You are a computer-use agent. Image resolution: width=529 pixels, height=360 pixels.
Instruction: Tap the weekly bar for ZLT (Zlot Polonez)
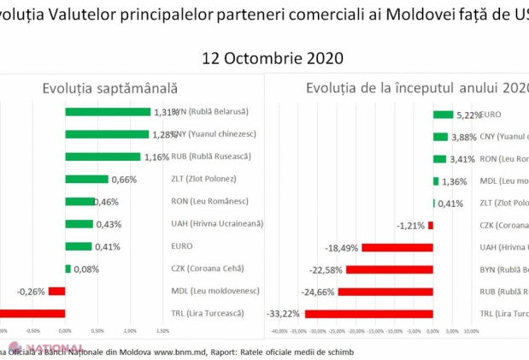87,179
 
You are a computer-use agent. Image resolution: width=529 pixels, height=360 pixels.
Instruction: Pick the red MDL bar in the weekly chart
57,291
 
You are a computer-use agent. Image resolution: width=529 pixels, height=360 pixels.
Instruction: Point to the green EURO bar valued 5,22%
443,114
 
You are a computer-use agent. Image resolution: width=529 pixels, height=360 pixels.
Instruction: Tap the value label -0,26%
30,291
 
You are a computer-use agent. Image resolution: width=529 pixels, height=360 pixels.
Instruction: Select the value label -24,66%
320,291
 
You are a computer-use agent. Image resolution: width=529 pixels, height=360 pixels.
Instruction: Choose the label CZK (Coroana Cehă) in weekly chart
201,269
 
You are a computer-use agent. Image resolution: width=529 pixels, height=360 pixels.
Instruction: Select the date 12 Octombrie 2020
272,58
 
